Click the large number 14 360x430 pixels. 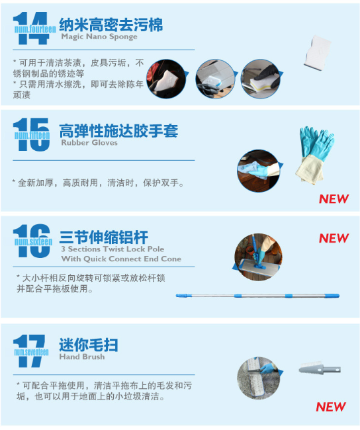[31, 28]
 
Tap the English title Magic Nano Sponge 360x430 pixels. [99, 36]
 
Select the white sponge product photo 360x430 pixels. [318, 52]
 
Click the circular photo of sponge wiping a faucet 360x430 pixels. [261, 79]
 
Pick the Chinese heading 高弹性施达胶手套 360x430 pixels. [118, 130]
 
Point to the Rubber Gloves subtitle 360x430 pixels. [89, 143]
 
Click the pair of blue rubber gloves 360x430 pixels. [315, 155]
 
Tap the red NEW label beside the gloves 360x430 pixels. [334, 199]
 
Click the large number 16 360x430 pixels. [32, 241]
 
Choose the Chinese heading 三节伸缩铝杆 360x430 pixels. [104, 237]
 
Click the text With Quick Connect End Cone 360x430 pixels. [121, 259]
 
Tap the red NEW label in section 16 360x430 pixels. [334, 238]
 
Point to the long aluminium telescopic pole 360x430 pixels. [257, 296]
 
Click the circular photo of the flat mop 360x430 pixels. [258, 257]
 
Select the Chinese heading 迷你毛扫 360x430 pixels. [89, 345]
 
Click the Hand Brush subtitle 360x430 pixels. [82, 357]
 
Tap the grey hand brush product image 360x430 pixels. [320, 369]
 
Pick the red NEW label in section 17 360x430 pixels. [331, 407]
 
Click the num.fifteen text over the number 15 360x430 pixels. [32, 135]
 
